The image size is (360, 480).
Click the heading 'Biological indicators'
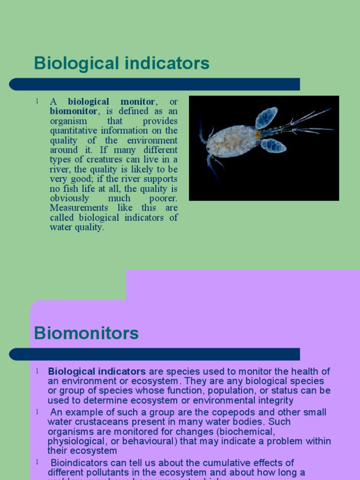(121, 63)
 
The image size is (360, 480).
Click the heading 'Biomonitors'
(86, 333)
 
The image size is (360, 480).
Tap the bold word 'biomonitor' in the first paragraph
(74, 111)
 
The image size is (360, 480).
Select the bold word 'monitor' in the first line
(137, 101)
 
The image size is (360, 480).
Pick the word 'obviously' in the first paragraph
(69, 198)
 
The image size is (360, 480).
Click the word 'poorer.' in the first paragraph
(164, 198)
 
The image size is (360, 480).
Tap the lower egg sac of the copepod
(274, 145)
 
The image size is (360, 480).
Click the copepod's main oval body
(232, 140)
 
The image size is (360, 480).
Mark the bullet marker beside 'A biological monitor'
(37, 101)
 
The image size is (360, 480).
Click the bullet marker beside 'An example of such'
(37, 412)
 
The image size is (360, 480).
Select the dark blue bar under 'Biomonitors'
(155, 354)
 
